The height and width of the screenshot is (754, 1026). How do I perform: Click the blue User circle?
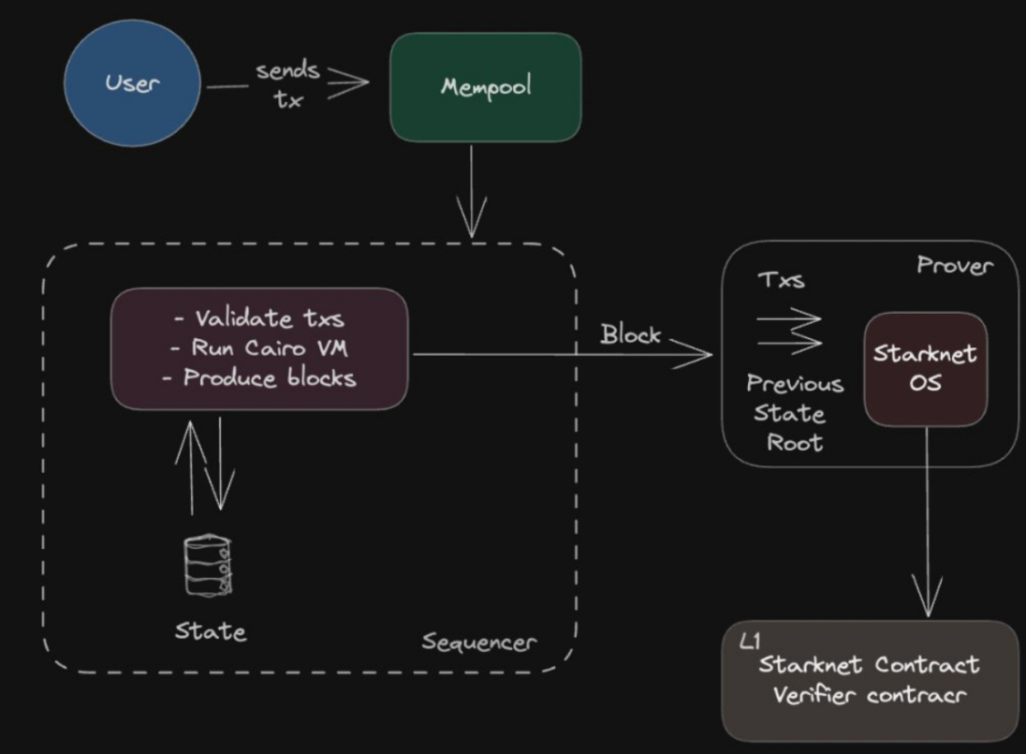(132, 83)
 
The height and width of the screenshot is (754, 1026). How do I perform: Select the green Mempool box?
(486, 87)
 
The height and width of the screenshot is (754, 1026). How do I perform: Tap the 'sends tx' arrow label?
(288, 84)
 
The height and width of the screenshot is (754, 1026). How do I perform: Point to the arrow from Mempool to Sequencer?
(471, 191)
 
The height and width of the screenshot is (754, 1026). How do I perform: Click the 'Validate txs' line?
(259, 318)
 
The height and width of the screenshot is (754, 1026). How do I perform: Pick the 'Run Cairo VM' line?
(259, 347)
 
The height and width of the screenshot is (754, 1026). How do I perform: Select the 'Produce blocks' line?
(259, 377)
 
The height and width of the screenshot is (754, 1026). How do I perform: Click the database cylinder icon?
(208, 565)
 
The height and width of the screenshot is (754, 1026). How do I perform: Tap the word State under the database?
(211, 631)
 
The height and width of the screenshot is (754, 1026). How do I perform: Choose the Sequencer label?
(479, 643)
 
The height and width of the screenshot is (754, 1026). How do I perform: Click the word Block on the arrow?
(631, 334)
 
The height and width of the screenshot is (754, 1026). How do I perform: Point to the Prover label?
(955, 265)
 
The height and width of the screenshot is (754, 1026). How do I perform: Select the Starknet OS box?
(925, 369)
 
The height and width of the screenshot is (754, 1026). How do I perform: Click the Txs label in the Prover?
(782, 279)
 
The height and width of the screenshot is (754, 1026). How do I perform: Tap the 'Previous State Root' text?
(795, 413)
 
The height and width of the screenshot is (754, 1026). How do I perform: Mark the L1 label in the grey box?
(750, 642)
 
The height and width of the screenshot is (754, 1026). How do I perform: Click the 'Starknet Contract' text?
(869, 664)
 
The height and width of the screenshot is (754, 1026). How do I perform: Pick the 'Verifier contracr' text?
(869, 694)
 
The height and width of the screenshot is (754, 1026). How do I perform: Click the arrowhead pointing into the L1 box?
(927, 597)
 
